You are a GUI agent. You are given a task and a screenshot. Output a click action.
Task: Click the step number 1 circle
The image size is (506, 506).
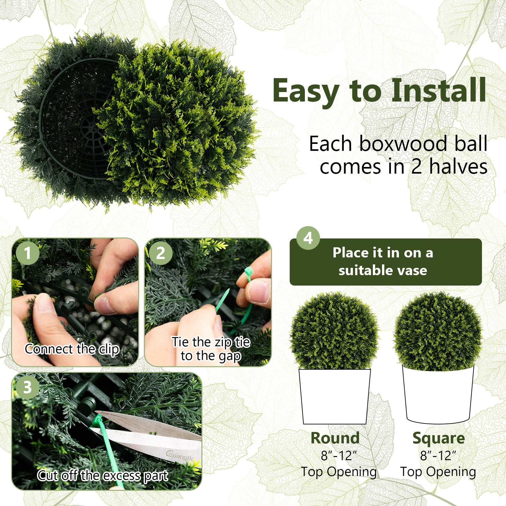28,253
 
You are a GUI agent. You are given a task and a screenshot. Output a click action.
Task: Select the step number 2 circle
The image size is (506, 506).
161,253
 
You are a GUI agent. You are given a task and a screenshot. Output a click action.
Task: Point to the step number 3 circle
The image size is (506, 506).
28,387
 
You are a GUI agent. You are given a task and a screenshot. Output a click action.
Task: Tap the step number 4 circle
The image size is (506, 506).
308,238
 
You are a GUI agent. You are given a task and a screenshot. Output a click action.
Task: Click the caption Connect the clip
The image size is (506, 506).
72,349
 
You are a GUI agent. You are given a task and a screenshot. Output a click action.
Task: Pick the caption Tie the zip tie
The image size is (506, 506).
211,342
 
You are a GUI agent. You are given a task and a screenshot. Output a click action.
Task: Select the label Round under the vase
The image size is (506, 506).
335,438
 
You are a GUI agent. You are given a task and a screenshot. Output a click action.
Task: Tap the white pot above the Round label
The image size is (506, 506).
335,397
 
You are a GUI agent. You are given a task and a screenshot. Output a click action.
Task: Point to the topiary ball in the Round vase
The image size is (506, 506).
334,331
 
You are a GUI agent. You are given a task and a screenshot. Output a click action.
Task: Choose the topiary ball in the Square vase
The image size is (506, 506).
438,331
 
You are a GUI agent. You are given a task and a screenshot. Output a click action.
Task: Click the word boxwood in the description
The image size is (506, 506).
403,144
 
